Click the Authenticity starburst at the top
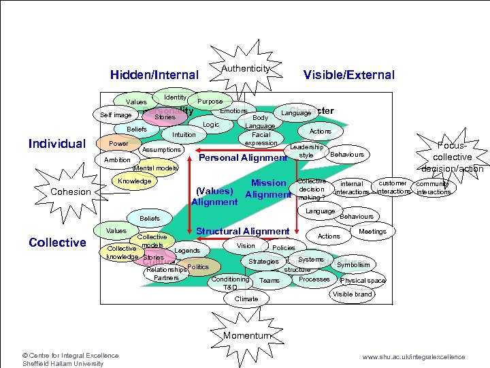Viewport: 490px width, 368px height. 246,69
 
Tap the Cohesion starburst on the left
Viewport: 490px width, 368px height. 71,191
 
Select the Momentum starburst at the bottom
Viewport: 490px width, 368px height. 246,335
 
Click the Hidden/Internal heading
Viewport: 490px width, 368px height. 154,75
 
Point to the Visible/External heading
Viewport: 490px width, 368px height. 348,75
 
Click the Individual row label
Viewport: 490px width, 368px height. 57,144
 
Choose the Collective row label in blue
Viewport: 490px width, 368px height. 57,243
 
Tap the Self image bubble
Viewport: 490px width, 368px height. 116,115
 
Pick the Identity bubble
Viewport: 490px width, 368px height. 176,97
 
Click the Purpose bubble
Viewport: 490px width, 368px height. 210,102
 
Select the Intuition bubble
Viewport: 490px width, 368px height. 184,135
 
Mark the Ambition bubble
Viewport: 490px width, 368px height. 116,160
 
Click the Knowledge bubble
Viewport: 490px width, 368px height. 134,181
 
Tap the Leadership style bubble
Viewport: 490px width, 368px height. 306,151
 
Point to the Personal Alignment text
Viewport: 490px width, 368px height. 242,158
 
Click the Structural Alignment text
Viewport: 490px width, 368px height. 243,232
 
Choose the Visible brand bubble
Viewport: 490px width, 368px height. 352,294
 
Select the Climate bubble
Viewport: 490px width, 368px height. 246,298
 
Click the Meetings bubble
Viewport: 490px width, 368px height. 372,232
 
